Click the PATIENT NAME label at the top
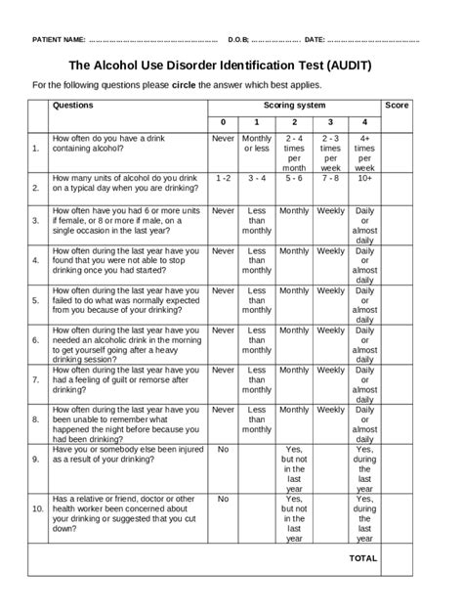tap(60, 40)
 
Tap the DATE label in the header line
tap(315, 40)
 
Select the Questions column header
tap(73, 105)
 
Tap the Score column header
tap(397, 105)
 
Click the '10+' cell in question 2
tap(364, 179)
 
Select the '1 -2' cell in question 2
tap(223, 179)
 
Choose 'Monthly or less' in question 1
tap(257, 144)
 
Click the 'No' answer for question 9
tap(223, 451)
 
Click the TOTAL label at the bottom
tap(363, 558)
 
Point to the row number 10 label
tap(37, 509)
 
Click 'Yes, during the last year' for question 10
tap(364, 518)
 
